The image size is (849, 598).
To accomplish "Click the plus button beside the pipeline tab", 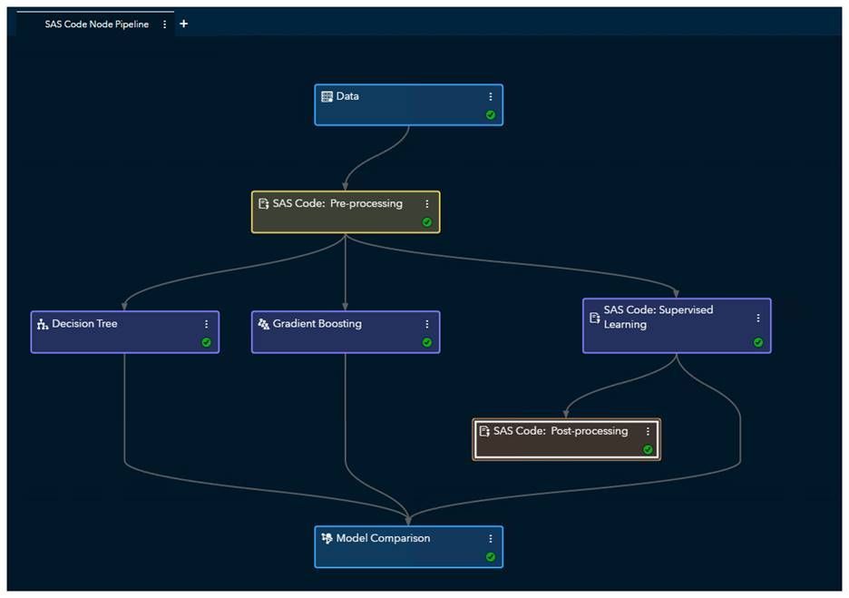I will [x=184, y=24].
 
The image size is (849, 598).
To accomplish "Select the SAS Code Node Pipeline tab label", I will [x=96, y=25].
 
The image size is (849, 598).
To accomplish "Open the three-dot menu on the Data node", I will [x=491, y=97].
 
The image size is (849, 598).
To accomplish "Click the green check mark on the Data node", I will [x=491, y=115].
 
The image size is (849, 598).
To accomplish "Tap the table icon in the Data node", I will [x=327, y=96].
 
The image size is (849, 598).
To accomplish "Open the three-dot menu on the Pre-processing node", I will [x=427, y=204].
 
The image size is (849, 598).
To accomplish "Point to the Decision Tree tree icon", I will [x=42, y=324].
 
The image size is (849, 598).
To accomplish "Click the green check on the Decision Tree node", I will [x=206, y=342].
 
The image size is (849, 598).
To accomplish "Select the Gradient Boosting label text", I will [x=317, y=323].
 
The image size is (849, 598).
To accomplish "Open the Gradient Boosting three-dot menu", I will [x=427, y=324].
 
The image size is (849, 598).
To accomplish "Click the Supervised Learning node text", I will [x=658, y=317].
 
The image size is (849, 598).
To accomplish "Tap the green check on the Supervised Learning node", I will [x=758, y=342].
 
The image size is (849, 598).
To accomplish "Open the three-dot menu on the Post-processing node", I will [x=648, y=432].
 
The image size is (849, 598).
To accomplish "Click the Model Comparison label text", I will [x=383, y=538].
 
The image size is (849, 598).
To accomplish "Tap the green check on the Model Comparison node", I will [x=491, y=556].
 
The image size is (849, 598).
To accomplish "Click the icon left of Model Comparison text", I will [x=327, y=538].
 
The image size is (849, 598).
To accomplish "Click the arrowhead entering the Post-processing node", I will [x=566, y=414].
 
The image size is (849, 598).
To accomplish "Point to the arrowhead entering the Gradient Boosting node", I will [x=346, y=307].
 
